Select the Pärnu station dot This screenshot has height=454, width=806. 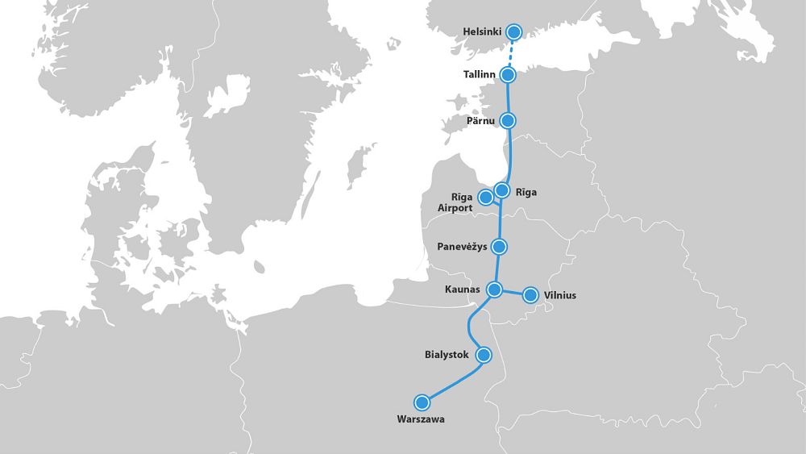[x=508, y=121]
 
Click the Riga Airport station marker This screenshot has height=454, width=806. [x=485, y=197]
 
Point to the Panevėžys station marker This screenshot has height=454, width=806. [x=500, y=246]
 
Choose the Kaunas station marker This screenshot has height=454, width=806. [x=495, y=289]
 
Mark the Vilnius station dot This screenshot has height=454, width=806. [x=530, y=295]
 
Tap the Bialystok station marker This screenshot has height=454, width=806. [x=484, y=354]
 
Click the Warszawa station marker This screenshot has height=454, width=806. [x=422, y=402]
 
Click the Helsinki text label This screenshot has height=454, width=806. [x=482, y=32]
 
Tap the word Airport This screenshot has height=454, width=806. [x=455, y=208]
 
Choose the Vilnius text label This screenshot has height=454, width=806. [x=560, y=295]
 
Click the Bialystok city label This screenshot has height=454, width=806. [x=447, y=354]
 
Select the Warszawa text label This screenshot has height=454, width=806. [x=421, y=419]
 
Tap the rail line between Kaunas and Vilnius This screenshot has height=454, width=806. [x=513, y=292]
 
